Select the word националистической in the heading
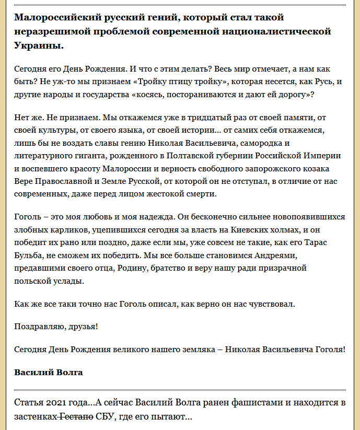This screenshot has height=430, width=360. point(280,31)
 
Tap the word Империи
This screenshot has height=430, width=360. point(323,156)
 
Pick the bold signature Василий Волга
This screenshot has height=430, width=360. point(49,373)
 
